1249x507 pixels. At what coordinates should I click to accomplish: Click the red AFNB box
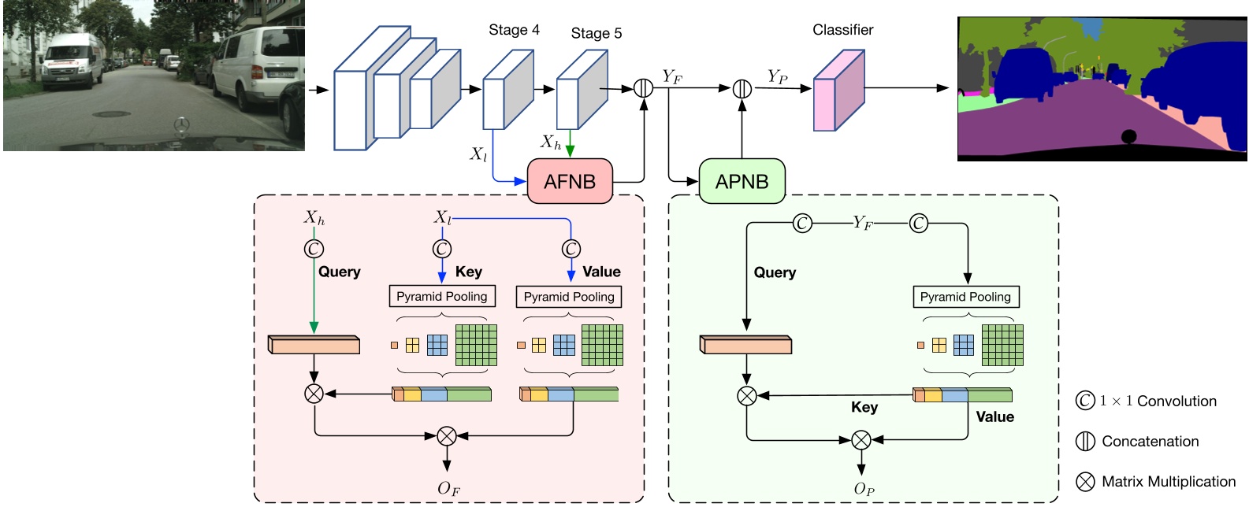point(569,181)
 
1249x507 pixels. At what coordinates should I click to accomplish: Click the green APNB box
point(742,181)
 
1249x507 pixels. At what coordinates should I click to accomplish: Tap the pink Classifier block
point(838,91)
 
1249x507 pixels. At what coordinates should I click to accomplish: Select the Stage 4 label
point(514,30)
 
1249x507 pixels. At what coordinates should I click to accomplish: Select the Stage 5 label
point(596,33)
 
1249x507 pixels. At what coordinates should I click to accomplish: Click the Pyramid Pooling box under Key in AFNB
point(441,296)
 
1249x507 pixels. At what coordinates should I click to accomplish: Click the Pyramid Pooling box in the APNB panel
point(965,297)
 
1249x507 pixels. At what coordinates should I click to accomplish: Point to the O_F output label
point(448,488)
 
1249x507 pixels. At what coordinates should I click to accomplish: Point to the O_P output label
point(864,489)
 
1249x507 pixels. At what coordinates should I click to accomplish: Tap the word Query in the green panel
point(775,272)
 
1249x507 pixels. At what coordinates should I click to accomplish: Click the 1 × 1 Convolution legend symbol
point(1085,401)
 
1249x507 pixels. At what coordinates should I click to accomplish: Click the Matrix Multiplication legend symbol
point(1085,482)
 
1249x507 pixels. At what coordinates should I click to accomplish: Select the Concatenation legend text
point(1150,442)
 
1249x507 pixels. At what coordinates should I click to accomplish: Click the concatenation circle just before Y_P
point(742,89)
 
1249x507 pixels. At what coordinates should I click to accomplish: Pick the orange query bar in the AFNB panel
point(314,345)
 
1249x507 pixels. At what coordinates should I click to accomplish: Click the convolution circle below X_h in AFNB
point(314,249)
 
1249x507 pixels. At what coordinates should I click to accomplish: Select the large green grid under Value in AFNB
point(602,345)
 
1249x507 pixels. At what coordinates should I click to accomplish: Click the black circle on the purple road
point(1128,136)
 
